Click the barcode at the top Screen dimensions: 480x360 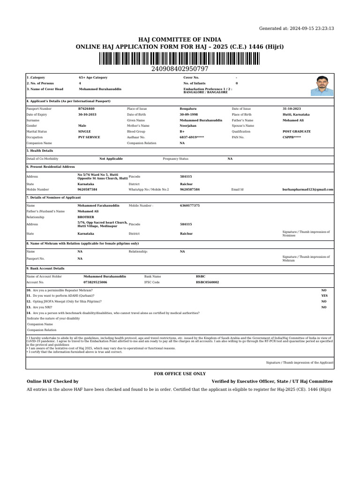click(180, 59)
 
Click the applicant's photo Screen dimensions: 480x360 click(322, 85)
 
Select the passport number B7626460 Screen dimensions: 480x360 click(86, 109)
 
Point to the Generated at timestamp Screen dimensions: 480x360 click(297, 29)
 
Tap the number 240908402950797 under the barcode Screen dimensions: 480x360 click(180, 69)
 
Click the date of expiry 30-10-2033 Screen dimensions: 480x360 click(87, 114)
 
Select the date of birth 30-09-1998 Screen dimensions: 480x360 click(189, 114)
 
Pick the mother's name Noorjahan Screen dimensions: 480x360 click(188, 126)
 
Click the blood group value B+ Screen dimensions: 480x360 click(182, 132)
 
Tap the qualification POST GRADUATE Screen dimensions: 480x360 click(296, 132)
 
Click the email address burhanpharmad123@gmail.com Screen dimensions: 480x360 click(307, 189)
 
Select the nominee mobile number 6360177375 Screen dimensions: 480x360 click(190, 205)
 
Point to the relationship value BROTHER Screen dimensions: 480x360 click(86, 217)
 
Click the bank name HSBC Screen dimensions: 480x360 click(201, 277)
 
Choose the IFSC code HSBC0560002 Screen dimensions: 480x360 click(207, 282)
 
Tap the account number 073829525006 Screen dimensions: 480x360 click(95, 282)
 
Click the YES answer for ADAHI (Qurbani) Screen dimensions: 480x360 click(324, 296)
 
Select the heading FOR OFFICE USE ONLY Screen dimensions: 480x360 click(180, 374)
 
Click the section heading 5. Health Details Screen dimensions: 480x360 click(40, 151)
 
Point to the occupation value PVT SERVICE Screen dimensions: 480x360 click(89, 137)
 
